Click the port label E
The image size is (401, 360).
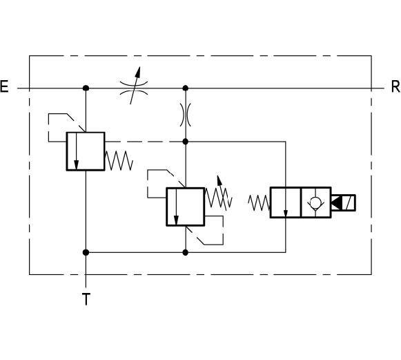click(4, 86)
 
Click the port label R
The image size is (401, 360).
click(396, 86)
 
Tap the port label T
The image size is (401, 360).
click(86, 299)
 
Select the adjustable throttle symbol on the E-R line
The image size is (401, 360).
click(134, 86)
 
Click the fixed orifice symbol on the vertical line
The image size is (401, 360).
click(186, 115)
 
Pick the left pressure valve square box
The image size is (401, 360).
click(86, 151)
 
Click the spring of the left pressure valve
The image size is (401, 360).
click(119, 160)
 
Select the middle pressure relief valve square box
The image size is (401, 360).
click(186, 207)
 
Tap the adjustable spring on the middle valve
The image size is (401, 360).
click(219, 195)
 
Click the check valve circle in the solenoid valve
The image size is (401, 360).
click(315, 202)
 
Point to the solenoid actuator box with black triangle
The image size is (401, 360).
click(343, 202)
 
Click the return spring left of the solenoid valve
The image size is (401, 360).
click(259, 202)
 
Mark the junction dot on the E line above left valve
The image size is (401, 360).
click(86, 88)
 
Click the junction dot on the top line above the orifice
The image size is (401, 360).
click(186, 88)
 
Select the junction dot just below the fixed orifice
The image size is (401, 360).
click(186, 142)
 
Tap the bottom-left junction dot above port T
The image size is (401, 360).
click(86, 252)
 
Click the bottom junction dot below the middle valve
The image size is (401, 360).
click(186, 253)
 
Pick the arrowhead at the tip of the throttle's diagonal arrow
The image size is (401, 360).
click(138, 72)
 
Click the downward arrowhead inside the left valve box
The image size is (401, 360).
click(76, 165)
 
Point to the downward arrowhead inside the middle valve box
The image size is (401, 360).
click(176, 220)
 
